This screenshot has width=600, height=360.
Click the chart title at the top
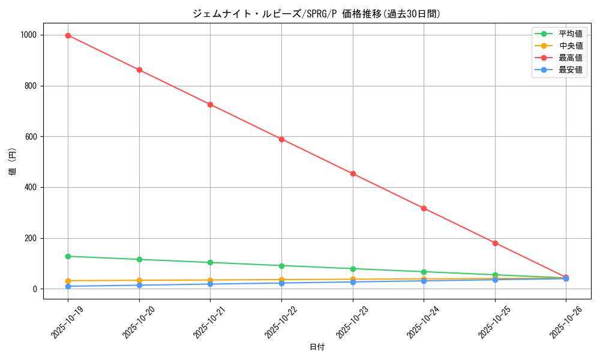[x=317, y=13]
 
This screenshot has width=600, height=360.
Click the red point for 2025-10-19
[x=68, y=35]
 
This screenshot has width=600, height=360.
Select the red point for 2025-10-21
[x=210, y=104]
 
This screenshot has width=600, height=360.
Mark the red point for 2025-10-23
[x=353, y=174]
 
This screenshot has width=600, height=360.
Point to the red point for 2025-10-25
[x=495, y=243]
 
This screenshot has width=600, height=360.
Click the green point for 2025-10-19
[x=68, y=256]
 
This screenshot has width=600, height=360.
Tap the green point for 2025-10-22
[x=281, y=265]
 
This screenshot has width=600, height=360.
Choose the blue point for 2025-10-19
[x=68, y=286]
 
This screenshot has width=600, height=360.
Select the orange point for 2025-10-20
[x=139, y=280]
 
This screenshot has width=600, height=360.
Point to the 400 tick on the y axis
[x=32, y=187]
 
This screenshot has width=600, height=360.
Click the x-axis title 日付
[x=317, y=347]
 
